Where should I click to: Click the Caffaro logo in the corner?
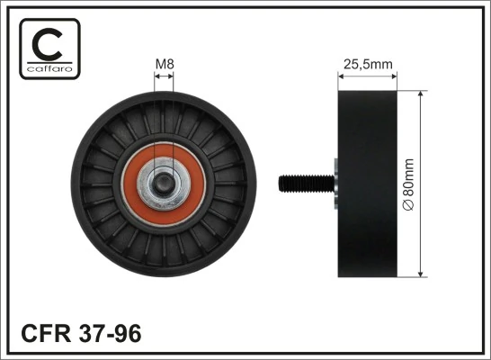point(49,49)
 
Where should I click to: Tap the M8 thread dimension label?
point(164,64)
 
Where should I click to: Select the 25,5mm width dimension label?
point(365,64)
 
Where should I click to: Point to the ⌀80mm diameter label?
point(408,185)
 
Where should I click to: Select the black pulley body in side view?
point(365,184)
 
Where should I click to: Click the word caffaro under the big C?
point(49,69)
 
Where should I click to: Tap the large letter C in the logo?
point(49,43)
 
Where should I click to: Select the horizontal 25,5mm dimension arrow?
point(365,76)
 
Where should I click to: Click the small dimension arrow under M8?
point(164,77)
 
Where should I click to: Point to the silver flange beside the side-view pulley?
point(334,184)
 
